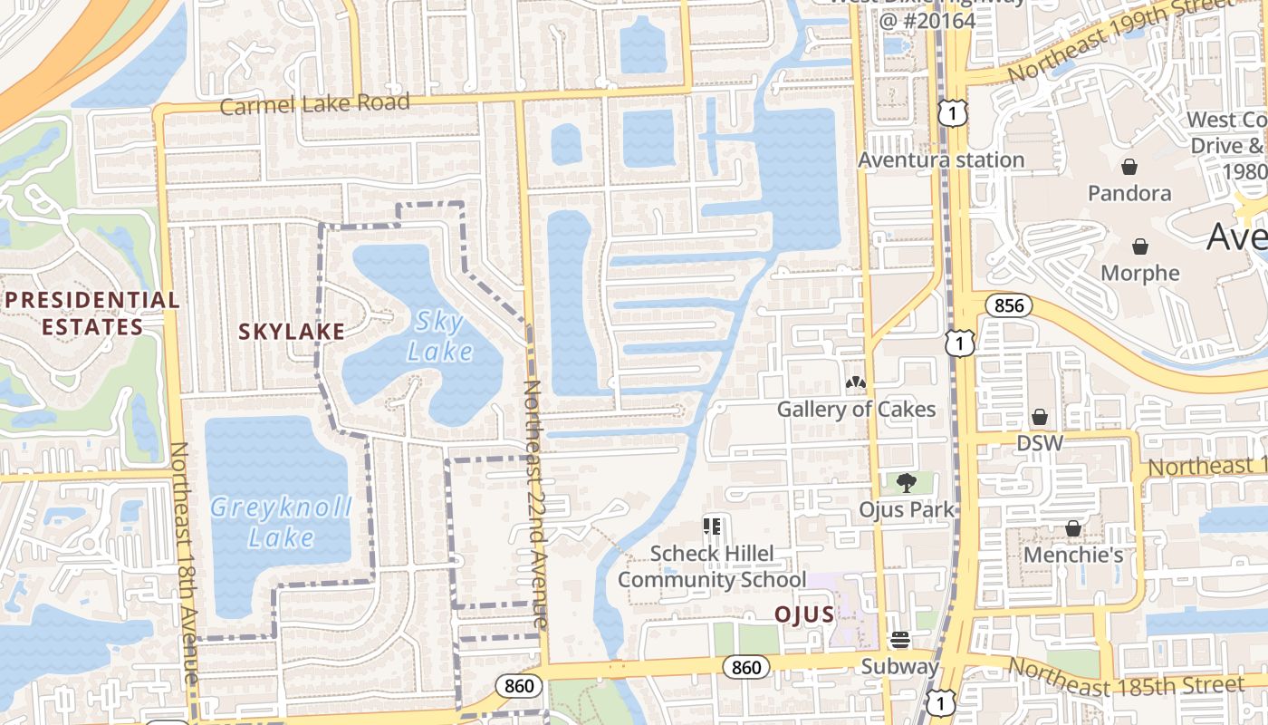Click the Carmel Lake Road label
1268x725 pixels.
coord(314,104)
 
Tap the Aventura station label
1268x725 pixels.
coord(941,160)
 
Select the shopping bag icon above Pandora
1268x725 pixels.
coord(1129,167)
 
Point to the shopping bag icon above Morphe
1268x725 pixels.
coord(1140,246)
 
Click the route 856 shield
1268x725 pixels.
coord(1008,305)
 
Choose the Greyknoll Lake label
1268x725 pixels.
coord(281,522)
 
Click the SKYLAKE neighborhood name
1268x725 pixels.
coord(292,332)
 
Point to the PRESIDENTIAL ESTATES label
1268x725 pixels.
coord(92,313)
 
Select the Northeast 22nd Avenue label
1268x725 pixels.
coord(534,504)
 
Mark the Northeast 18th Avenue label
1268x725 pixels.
coord(184,562)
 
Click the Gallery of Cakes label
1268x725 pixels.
coord(856,410)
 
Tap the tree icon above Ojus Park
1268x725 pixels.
coord(906,483)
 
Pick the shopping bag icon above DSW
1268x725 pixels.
coord(1040,417)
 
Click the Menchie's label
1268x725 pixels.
coord(1073,555)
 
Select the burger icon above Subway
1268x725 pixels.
coord(899,640)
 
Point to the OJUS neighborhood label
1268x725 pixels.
coord(803,614)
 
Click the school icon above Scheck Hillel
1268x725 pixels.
coord(711,526)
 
